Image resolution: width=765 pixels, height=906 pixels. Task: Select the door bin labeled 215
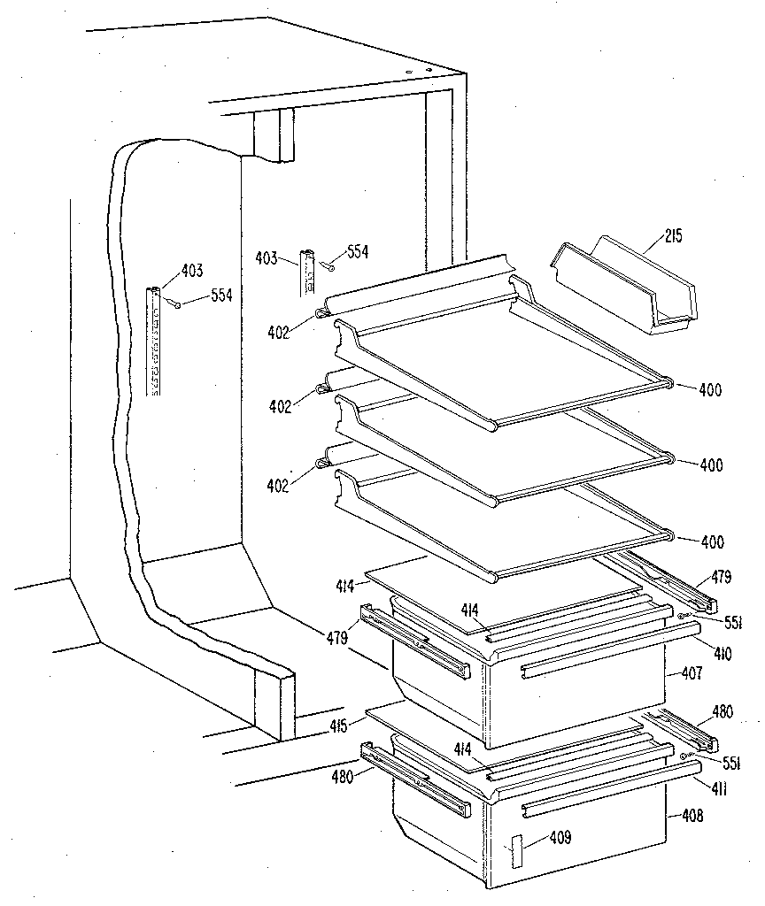(x=624, y=288)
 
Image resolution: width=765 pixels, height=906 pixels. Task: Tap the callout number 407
(x=692, y=673)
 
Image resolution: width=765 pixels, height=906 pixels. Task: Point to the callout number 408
(x=692, y=816)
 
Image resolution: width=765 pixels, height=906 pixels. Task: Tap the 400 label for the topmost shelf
(x=709, y=389)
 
